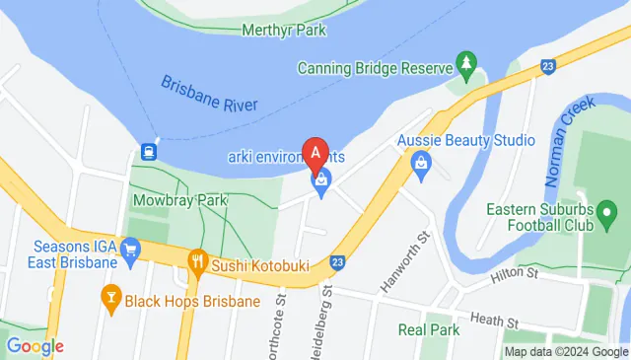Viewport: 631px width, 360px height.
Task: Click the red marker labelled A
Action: [x=315, y=153]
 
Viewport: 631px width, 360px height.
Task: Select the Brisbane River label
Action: [x=208, y=96]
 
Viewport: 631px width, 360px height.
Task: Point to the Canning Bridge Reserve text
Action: [x=375, y=68]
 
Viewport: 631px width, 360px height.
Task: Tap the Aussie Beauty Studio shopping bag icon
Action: [x=421, y=162]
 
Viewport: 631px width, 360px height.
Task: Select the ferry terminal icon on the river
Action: [x=149, y=152]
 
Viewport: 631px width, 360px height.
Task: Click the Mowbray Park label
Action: [x=179, y=200]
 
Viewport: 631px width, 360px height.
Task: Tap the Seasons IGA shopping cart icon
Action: [x=130, y=261]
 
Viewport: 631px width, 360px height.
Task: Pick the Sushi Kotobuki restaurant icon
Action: [x=197, y=261]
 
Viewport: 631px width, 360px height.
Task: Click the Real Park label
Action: [x=429, y=329]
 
